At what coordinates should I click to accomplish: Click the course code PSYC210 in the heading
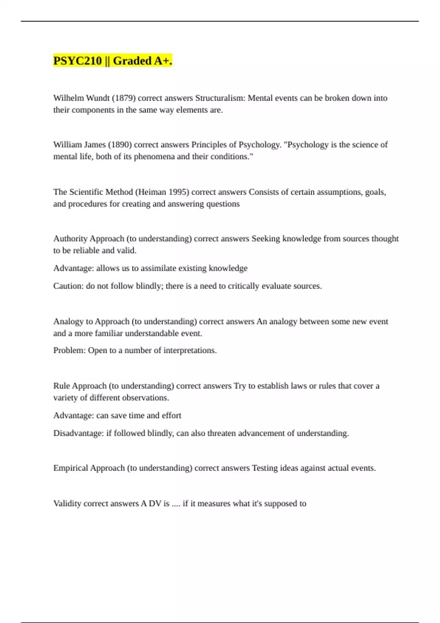pyautogui.click(x=77, y=61)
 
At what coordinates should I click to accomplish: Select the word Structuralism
pyautogui.click(x=220, y=98)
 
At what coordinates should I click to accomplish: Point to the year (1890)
pyautogui.click(x=120, y=145)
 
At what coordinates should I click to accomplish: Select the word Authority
pyautogui.click(x=70, y=239)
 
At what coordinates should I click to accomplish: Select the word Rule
pyautogui.click(x=61, y=386)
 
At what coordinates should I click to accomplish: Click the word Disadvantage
pyautogui.click(x=78, y=433)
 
